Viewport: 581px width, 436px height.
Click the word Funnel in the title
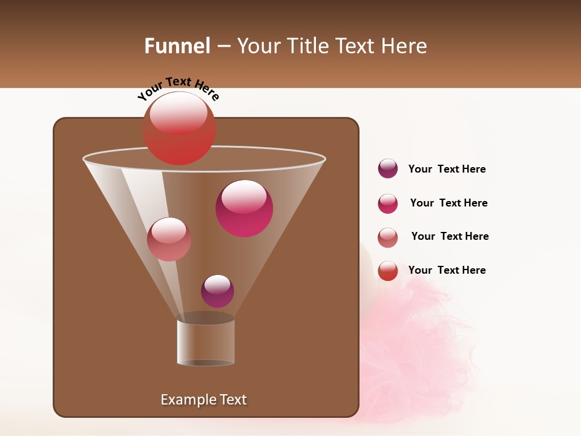pyautogui.click(x=177, y=46)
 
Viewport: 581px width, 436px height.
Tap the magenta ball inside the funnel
pyautogui.click(x=244, y=208)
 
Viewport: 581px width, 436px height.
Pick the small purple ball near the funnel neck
pyautogui.click(x=217, y=291)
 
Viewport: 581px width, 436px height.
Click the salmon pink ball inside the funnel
pyautogui.click(x=169, y=239)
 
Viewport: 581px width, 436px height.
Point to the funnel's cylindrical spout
pyautogui.click(x=206, y=343)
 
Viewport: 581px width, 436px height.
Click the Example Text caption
pyautogui.click(x=203, y=400)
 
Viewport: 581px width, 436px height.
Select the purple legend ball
pyautogui.click(x=387, y=169)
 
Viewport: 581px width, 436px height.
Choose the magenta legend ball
pyautogui.click(x=387, y=203)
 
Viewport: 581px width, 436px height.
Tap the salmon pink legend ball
pyautogui.click(x=387, y=237)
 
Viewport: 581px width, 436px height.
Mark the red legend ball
pyautogui.click(x=387, y=271)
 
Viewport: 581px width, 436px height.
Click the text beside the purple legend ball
pyautogui.click(x=447, y=170)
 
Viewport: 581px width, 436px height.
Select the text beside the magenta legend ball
pyautogui.click(x=448, y=203)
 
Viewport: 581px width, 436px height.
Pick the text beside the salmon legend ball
pyautogui.click(x=450, y=237)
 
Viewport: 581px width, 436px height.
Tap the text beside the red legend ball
pyautogui.click(x=447, y=270)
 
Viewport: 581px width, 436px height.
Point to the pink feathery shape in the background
pyautogui.click(x=418, y=351)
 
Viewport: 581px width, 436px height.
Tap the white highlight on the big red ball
pyautogui.click(x=178, y=113)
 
